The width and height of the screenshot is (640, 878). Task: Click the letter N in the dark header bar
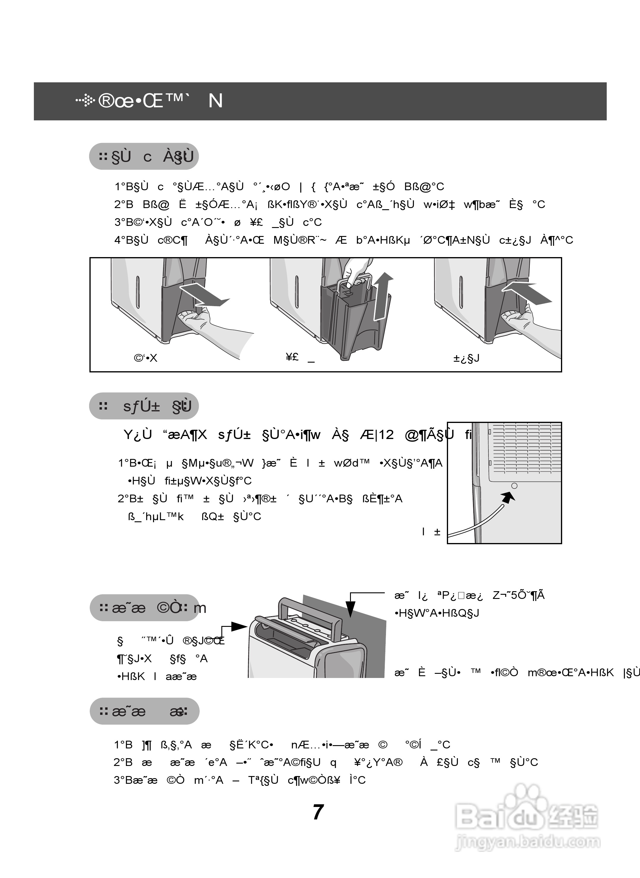[x=215, y=101]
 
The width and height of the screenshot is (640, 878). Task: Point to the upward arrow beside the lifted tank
[x=383, y=296]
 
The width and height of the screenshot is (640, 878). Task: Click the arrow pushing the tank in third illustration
[x=527, y=293]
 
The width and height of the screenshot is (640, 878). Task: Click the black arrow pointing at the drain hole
[x=508, y=497]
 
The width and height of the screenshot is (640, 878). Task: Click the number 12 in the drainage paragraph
[x=386, y=435]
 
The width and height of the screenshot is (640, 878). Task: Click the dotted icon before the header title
[x=86, y=101]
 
